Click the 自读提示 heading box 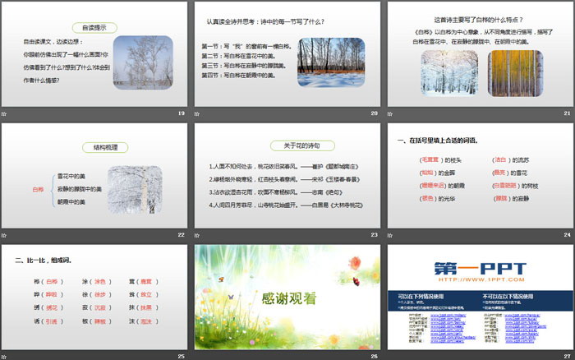point(96,27)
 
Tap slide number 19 point(182,113)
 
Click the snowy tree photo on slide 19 point(143,60)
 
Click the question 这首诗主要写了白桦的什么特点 point(478,20)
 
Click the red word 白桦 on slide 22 point(38,189)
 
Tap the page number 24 point(566,234)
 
